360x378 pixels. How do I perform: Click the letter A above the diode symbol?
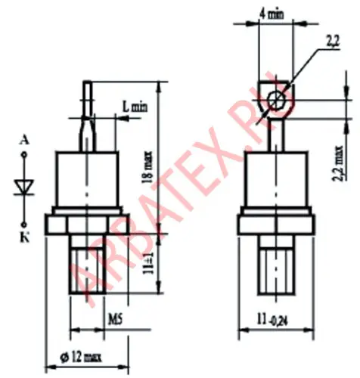click(x=25, y=140)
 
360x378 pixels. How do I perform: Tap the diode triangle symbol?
click(x=24, y=185)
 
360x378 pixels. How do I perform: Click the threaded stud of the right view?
click(x=275, y=265)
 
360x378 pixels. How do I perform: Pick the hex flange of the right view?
click(x=275, y=225)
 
